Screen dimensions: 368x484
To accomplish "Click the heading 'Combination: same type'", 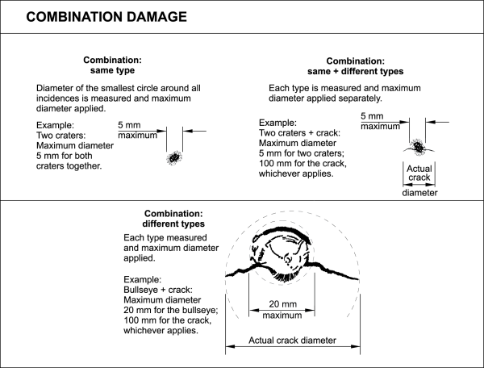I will point(113,65).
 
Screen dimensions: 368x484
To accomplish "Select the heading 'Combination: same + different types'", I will point(365,67).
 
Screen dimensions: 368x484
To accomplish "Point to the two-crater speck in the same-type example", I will point(173,157).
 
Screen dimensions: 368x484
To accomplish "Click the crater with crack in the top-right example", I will point(419,146).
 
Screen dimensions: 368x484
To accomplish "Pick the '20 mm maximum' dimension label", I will point(282,308).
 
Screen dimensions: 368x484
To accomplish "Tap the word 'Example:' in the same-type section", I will point(56,126).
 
